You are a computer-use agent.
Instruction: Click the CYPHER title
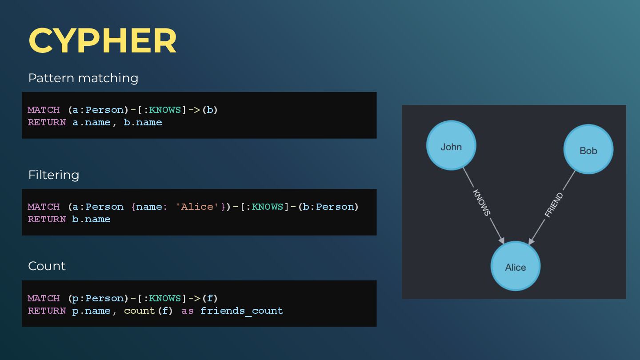pos(103,41)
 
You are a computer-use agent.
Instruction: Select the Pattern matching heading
pos(83,78)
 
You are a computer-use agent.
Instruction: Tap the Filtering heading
pos(54,175)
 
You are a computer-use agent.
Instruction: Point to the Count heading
pos(47,266)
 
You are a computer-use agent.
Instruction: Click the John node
pos(451,145)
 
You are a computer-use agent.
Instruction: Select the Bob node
pos(588,149)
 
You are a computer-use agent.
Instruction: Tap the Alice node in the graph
pos(515,266)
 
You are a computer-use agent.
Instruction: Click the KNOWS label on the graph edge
pos(481,203)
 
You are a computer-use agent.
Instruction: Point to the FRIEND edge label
pos(554,204)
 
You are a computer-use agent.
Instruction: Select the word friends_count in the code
pos(241,311)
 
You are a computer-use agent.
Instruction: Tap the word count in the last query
pos(140,311)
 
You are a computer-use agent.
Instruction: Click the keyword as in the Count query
pos(188,311)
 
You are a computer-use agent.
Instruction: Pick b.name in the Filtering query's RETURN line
pos(91,219)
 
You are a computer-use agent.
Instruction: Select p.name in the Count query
pos(91,311)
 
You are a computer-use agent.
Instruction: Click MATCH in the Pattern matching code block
pos(44,110)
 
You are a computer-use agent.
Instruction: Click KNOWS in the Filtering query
pos(268,207)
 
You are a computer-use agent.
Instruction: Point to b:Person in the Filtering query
pos(329,207)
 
